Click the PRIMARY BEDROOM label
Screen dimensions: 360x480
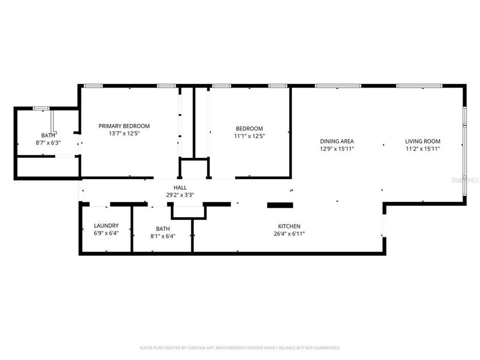(124, 126)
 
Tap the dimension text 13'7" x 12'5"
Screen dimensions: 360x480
(124, 133)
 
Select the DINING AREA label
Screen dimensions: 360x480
(337, 141)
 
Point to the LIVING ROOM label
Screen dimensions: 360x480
(422, 141)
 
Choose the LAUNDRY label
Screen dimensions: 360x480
(106, 225)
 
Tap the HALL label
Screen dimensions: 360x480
(180, 187)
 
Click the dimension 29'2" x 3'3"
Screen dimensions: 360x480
(180, 195)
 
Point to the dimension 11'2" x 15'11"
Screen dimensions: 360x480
(422, 148)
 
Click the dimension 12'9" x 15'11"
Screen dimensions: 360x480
(337, 148)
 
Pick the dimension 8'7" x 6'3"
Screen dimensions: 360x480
(48, 142)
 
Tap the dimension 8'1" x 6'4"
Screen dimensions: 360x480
(162, 236)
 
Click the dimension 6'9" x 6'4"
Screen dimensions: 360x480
(106, 233)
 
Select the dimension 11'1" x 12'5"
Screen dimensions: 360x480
(248, 135)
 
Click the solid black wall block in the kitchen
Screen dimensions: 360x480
(280, 204)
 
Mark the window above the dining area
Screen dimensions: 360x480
(337, 86)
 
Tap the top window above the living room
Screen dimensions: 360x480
(419, 86)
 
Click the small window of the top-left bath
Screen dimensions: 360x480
(41, 108)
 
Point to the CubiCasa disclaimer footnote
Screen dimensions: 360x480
(240, 347)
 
